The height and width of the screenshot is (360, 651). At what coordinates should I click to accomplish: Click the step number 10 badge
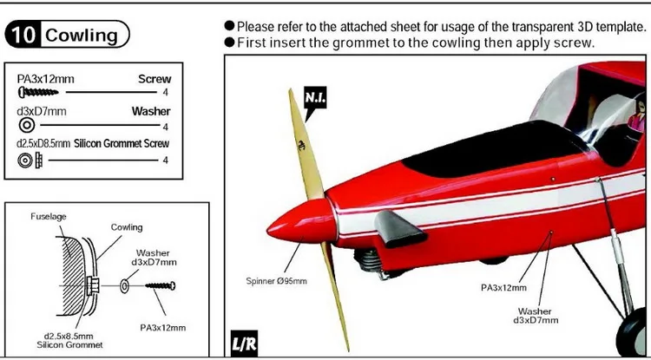coord(23,35)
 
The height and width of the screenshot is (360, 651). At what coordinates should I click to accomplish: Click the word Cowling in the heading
coord(82,36)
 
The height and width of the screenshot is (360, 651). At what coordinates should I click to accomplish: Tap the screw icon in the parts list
coord(38,92)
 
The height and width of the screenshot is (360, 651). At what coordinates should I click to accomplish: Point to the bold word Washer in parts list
coord(151,111)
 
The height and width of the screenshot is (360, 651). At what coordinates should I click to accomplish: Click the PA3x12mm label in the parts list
coord(46,78)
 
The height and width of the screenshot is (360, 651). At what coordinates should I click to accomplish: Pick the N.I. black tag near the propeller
coord(316,99)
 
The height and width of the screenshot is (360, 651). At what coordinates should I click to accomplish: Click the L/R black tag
coord(243,344)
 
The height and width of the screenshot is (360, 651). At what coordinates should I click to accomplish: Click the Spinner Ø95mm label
coord(277,281)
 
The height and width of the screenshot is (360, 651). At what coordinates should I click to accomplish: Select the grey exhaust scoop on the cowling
coord(399,228)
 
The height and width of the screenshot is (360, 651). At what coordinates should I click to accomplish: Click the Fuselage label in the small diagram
coord(48,217)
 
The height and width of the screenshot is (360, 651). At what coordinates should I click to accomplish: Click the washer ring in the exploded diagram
coord(124,286)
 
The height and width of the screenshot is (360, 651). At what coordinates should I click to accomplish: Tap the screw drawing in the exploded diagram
coord(161,285)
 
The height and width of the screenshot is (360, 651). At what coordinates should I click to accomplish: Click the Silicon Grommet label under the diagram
coord(69,344)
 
